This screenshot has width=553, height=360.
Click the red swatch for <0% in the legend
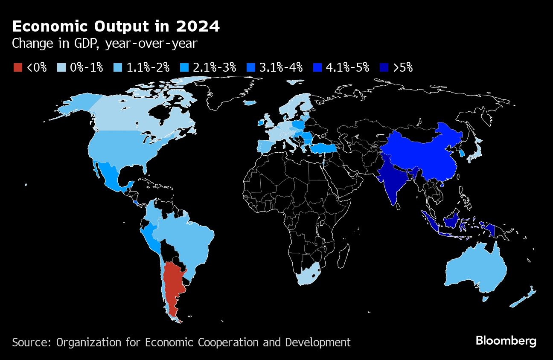tap(18, 67)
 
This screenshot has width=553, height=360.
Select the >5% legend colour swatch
tap(384, 67)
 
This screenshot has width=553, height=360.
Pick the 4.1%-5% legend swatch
tap(317, 67)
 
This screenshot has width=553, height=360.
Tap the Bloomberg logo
tap(506, 341)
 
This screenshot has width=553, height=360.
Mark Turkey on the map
tap(323, 148)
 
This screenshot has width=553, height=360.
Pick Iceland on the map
tap(250, 103)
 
